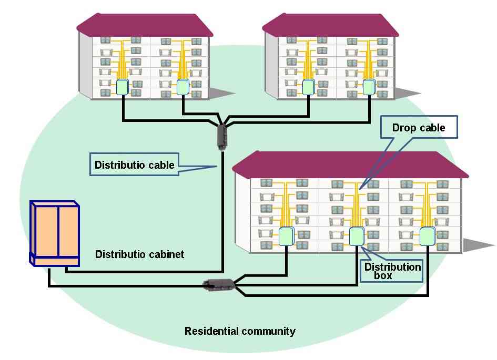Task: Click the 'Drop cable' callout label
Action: [419, 127]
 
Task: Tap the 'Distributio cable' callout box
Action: [135, 164]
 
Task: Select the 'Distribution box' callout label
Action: [392, 271]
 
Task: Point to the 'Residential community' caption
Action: [240, 331]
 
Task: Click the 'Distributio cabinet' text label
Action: [139, 254]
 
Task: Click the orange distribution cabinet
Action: [55, 234]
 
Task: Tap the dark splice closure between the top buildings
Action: [222, 137]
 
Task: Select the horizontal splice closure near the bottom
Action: [219, 284]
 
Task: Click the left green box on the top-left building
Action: [122, 87]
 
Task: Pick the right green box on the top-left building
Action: [182, 87]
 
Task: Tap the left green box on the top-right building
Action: [308, 87]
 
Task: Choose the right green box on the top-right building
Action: [369, 87]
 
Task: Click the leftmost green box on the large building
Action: [287, 236]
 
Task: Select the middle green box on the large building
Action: [357, 236]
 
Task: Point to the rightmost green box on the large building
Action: [427, 236]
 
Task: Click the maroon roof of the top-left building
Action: [145, 25]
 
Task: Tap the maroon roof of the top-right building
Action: [331, 25]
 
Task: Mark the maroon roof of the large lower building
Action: [350, 164]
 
